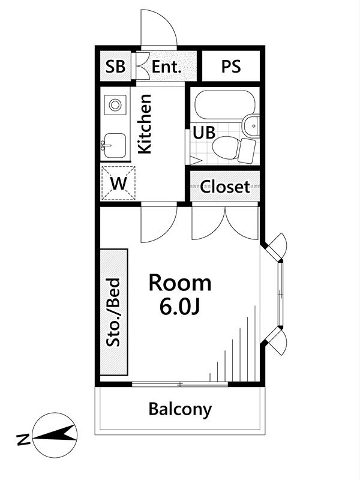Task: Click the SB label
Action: (115, 67)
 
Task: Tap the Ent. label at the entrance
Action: (167, 67)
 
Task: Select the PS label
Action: (231, 67)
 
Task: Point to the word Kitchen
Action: (145, 124)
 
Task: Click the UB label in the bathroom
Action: (204, 133)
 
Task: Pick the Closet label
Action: (225, 187)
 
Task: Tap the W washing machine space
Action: (118, 184)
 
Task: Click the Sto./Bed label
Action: (113, 312)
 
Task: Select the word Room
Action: (180, 283)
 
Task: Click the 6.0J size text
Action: (179, 307)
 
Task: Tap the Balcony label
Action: (180, 409)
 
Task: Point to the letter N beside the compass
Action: (23, 439)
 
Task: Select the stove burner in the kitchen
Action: (115, 105)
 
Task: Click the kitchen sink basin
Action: (114, 146)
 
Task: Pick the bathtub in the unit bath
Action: (225, 105)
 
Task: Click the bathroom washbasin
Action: (251, 125)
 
